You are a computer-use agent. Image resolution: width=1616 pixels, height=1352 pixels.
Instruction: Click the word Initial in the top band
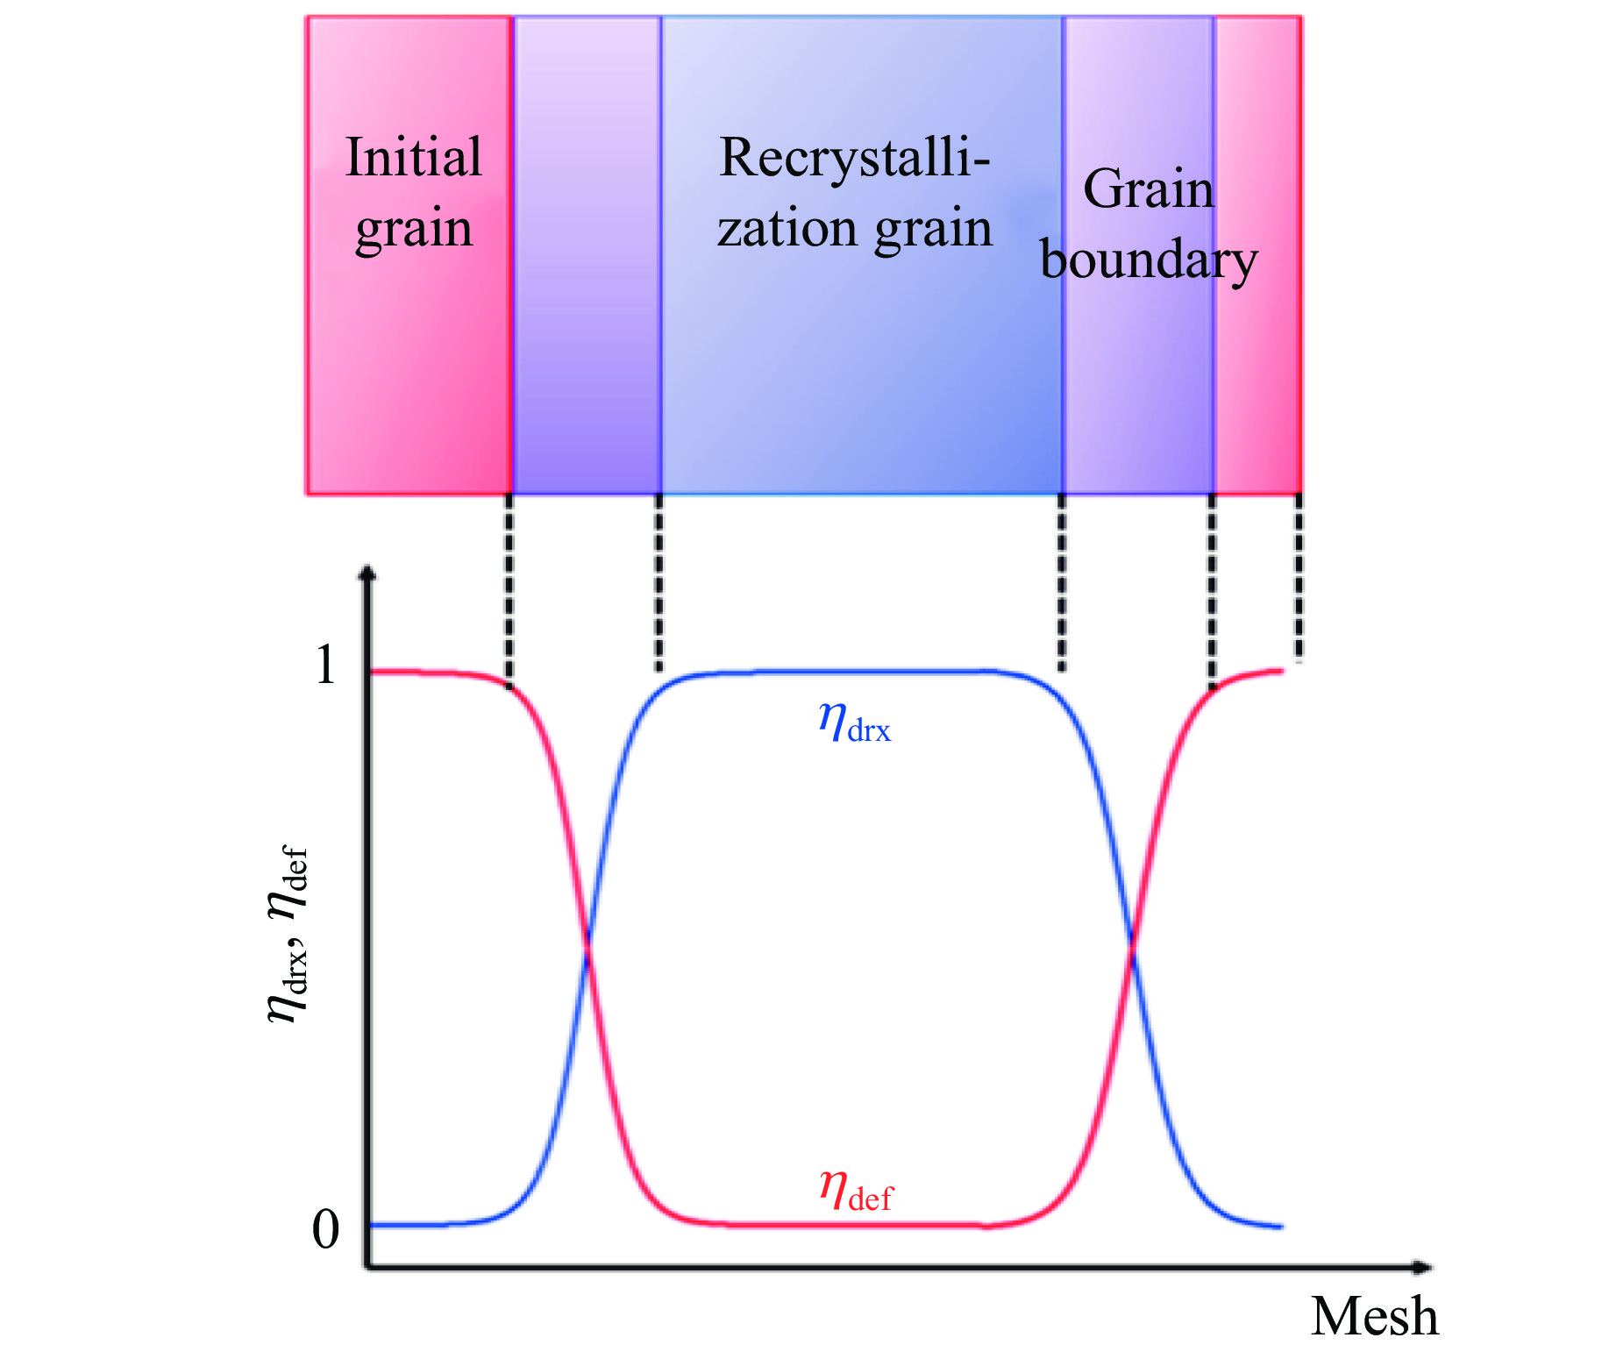413,158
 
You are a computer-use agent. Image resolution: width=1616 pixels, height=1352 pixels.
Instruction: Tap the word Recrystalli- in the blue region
854,159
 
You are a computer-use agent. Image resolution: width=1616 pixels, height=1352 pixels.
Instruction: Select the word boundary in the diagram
1148,260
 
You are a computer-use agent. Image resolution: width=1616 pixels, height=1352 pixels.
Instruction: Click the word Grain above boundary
1148,189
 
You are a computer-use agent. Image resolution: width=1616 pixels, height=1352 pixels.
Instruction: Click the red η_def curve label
855,1191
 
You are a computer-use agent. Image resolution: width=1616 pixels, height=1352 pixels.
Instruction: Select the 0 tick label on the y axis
325,1229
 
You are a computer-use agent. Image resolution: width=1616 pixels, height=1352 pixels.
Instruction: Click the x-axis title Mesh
1374,1316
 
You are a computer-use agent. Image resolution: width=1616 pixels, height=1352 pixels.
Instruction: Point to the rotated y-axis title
288,934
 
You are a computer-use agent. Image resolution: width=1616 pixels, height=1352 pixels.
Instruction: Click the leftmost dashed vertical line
509,587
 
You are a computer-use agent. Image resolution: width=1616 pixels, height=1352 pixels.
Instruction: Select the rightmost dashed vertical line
1299,574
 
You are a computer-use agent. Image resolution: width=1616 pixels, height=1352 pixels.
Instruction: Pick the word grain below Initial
413,230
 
